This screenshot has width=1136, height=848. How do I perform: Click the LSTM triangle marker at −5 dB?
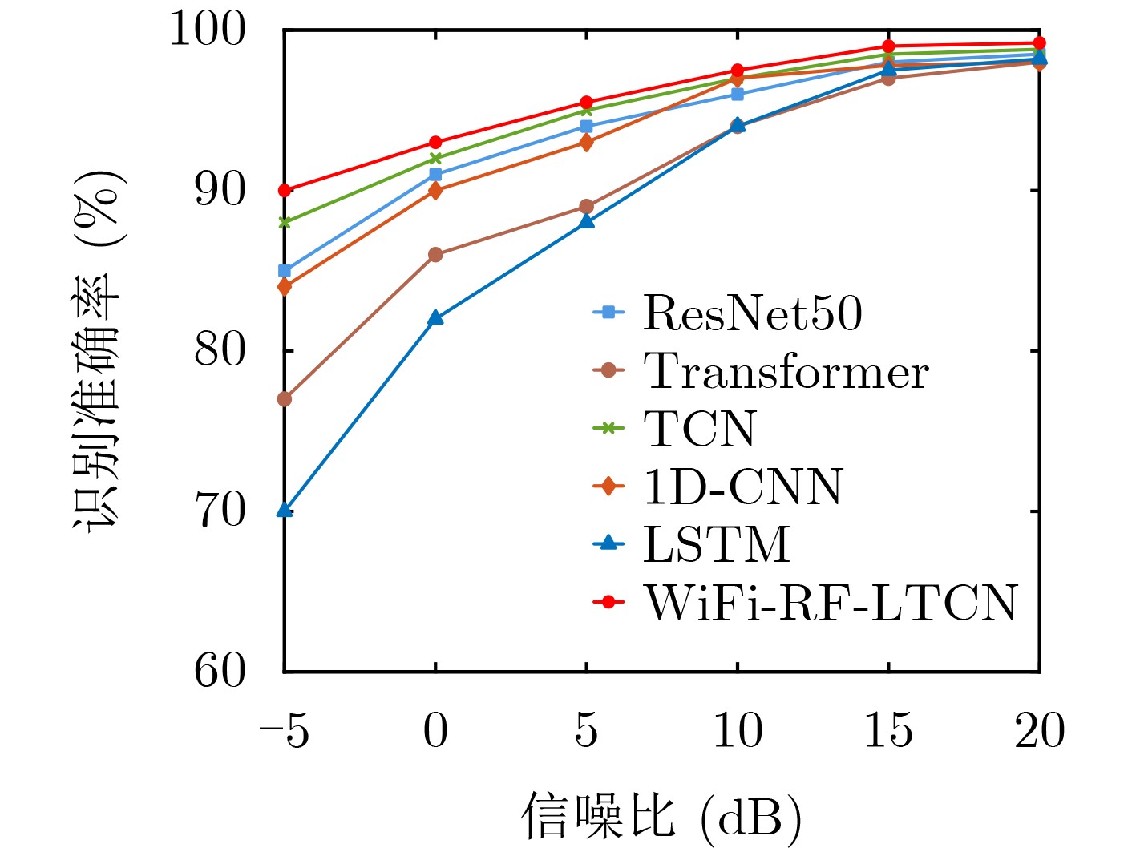coord(284,510)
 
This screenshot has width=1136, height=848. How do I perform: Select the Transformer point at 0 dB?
coord(435,255)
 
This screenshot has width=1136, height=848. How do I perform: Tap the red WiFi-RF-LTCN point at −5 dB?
coord(284,191)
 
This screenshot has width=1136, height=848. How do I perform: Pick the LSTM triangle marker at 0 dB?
coord(435,317)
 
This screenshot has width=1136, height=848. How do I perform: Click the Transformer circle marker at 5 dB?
coord(586,207)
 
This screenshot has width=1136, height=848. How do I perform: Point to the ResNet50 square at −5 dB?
coord(284,271)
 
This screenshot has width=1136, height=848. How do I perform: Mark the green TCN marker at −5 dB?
coord(284,223)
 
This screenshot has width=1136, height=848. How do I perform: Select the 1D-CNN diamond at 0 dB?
coord(435,191)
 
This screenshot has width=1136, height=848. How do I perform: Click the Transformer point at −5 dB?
coord(284,399)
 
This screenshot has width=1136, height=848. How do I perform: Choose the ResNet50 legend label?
coord(753,313)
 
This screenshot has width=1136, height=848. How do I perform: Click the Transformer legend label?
coord(786,370)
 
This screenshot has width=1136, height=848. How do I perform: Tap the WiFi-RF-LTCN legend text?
coord(830,602)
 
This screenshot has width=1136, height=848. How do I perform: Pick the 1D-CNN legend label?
coord(743,487)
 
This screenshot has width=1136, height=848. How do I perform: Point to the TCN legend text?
coord(700,428)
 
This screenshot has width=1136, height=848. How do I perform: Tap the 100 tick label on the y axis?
coord(207,29)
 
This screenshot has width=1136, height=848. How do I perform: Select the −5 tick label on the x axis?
coord(284,730)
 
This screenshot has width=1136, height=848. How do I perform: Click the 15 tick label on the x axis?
coord(888,730)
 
